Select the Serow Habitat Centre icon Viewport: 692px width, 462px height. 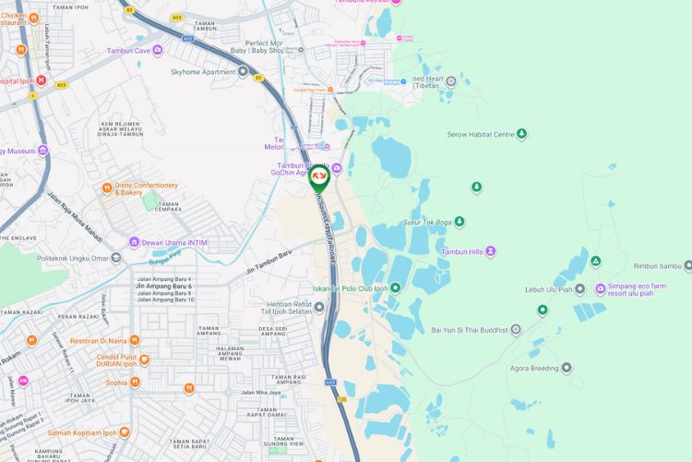click(522, 134)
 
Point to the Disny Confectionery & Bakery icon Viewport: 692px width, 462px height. click(107, 188)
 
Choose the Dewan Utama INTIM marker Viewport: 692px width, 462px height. click(134, 242)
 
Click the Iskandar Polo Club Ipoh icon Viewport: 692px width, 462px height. click(395, 287)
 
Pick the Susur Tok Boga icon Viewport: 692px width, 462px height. click(459, 222)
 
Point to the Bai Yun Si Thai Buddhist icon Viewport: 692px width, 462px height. click(517, 330)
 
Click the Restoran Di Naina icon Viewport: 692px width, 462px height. click(135, 340)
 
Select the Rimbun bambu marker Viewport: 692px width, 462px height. click(687, 266)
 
